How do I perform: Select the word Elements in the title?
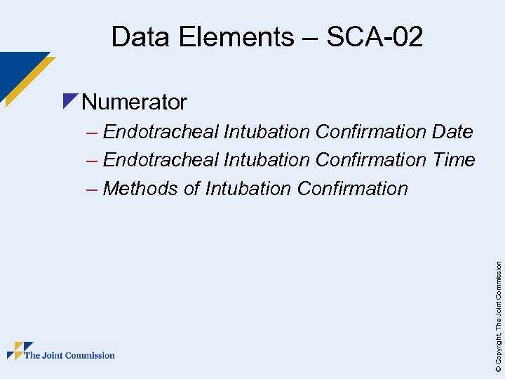(x=238, y=36)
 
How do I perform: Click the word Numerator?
(x=134, y=102)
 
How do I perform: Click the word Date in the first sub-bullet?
(x=453, y=131)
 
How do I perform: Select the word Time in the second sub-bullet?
(x=454, y=160)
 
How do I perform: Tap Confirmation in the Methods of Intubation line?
(x=352, y=189)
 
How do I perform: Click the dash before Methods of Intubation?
(x=92, y=189)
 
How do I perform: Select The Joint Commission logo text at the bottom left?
(x=69, y=355)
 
